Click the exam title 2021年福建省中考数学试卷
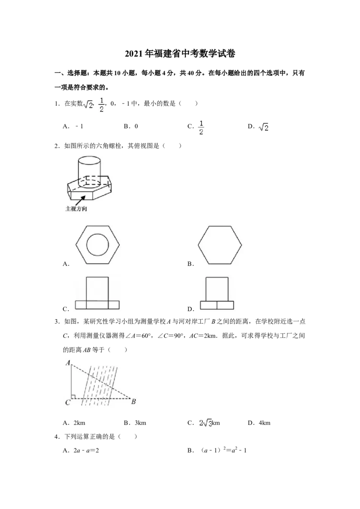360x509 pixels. pyautogui.click(x=180, y=54)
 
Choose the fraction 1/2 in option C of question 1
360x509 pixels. pyautogui.click(x=201, y=128)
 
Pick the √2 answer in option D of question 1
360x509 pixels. pyautogui.click(x=264, y=127)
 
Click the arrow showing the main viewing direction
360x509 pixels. pyautogui.click(x=81, y=200)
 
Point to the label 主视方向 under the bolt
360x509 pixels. pyautogui.click(x=76, y=209)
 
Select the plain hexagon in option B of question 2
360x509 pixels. pyautogui.click(x=220, y=245)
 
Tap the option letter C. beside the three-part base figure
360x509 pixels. pyautogui.click(x=66, y=309)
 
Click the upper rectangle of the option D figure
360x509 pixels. pyautogui.click(x=217, y=289)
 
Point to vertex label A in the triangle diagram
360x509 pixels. pyautogui.click(x=67, y=362)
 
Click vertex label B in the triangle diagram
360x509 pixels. pyautogui.click(x=133, y=402)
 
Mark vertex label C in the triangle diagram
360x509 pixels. pyautogui.click(x=67, y=402)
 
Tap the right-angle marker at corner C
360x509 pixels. pyautogui.click(x=73, y=396)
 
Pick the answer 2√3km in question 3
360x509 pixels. pyautogui.click(x=210, y=423)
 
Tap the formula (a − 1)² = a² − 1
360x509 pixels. pyautogui.click(x=224, y=450)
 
